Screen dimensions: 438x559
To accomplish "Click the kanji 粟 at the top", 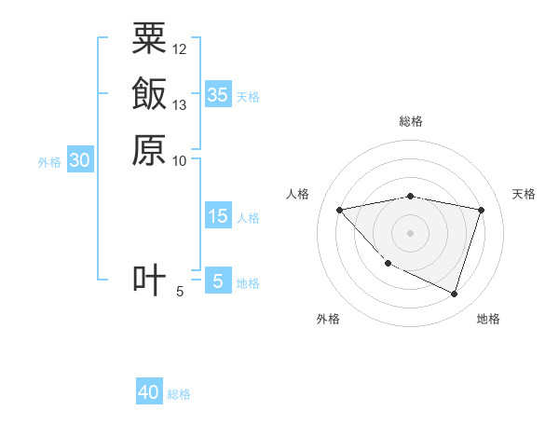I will click(149, 38).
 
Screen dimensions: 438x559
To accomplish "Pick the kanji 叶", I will click(149, 280).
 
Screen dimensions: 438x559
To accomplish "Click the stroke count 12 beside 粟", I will click(180, 49).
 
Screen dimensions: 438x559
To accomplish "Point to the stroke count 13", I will click(180, 104).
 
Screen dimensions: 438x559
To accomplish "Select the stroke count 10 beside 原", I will click(180, 160).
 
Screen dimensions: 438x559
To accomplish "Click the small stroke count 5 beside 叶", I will click(180, 292).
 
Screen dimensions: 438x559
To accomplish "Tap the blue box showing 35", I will click(217, 95).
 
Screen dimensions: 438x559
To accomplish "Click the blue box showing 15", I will click(217, 216).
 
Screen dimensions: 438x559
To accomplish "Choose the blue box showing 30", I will click(80, 160).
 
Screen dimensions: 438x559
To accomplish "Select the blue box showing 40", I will click(149, 392).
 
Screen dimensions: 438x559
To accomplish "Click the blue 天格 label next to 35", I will click(248, 97).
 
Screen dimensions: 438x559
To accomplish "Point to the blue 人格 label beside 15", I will click(248, 218).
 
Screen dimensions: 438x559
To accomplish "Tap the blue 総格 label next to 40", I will click(179, 394).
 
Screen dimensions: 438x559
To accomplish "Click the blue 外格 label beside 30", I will click(49, 162).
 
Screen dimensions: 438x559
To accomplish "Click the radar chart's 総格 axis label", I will click(411, 121).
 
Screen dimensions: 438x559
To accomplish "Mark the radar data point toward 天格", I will click(482, 210).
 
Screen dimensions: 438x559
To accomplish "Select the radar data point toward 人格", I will click(339, 210).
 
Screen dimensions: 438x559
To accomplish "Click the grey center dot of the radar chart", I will click(411, 232).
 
